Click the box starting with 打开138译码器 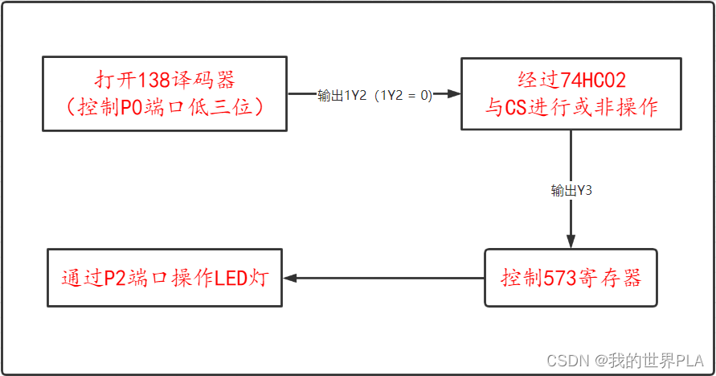pos(165,93)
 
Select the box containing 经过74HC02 pos(571,93)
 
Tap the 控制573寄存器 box pos(571,278)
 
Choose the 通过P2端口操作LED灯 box pos(165,278)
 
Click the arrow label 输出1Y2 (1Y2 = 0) pos(374,95)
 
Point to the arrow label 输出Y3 pos(571,191)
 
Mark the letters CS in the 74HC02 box pos(515,106)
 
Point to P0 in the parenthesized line pos(132,106)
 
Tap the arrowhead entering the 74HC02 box pos(454,94)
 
